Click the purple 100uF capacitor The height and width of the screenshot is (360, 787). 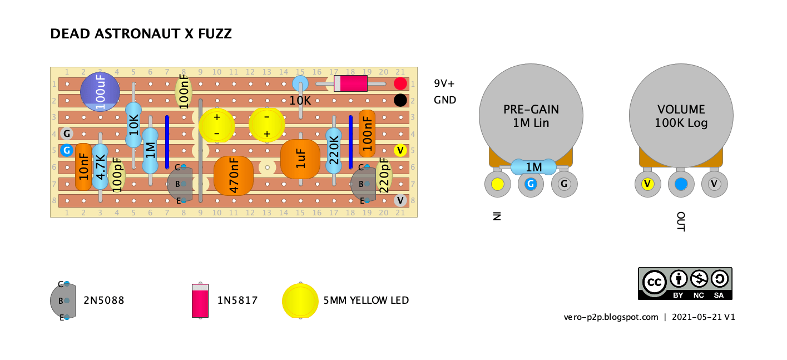[100, 92]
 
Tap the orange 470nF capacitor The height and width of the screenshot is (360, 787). [234, 175]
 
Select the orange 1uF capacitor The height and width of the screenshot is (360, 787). [300, 159]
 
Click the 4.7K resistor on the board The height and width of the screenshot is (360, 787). [100, 167]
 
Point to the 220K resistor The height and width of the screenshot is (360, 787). [334, 151]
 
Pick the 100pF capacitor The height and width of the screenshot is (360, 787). [117, 175]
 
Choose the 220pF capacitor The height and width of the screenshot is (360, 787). [384, 175]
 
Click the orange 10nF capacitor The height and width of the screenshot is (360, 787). [83, 167]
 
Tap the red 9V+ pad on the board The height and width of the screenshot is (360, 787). [400, 83]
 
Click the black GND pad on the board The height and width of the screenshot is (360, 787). [400, 101]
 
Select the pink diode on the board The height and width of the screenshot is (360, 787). [350, 83]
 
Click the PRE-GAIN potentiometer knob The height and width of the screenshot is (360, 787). [531, 116]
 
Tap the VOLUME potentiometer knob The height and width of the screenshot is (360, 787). [681, 116]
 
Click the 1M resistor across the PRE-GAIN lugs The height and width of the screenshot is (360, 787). [533, 167]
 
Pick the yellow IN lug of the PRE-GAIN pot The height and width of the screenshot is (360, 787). [497, 184]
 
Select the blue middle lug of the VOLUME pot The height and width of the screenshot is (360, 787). [681, 184]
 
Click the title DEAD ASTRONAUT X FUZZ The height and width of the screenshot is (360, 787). [141, 34]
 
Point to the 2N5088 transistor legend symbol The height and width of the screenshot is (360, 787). [63, 301]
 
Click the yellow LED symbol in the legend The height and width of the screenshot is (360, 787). [300, 301]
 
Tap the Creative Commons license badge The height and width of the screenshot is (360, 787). [685, 283]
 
